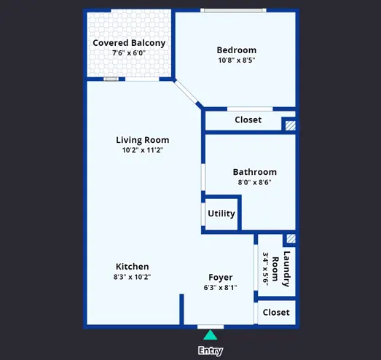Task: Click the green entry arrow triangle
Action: [211, 335]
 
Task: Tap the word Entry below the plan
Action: [211, 351]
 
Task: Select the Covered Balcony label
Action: [129, 43]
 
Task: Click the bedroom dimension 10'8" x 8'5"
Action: [237, 60]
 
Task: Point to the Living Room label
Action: [142, 140]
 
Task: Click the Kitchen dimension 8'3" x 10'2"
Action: [132, 277]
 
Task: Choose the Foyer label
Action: [221, 277]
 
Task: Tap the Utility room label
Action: [221, 214]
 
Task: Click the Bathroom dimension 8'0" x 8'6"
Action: [255, 182]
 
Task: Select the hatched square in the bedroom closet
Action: [291, 125]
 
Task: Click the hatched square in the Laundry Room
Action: [291, 239]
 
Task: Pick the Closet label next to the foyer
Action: [276, 313]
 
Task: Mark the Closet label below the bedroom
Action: [248, 120]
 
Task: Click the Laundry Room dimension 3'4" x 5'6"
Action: [265, 269]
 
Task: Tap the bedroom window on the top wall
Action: [233, 10]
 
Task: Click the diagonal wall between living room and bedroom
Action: [188, 94]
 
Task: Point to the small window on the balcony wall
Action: [111, 79]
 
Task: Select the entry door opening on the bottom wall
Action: [211, 326]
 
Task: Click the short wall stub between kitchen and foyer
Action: [181, 309]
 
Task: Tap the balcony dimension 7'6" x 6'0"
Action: [129, 52]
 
